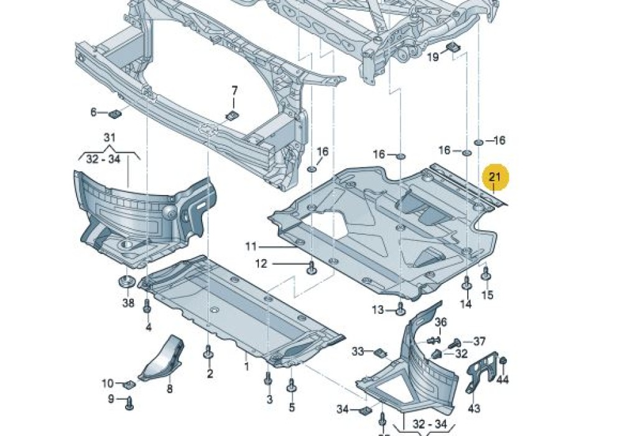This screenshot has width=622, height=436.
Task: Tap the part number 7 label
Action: [234, 91]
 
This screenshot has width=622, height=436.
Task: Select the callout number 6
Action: [94, 112]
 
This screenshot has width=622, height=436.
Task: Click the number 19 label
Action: [433, 57]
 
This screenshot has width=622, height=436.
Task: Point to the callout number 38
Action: [128, 303]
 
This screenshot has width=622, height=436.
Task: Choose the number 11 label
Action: [250, 247]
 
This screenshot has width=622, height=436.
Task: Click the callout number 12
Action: [261, 264]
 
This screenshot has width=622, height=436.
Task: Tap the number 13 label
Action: [378, 310]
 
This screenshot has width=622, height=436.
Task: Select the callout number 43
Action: [474, 408]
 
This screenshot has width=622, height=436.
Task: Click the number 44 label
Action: [503, 379]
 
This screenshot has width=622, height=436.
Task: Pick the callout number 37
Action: [479, 341]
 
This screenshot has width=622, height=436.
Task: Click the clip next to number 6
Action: [114, 114]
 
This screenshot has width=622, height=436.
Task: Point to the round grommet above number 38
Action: [128, 280]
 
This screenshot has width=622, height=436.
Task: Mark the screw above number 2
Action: [208, 356]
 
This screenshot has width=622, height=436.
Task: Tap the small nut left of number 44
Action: [503, 361]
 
